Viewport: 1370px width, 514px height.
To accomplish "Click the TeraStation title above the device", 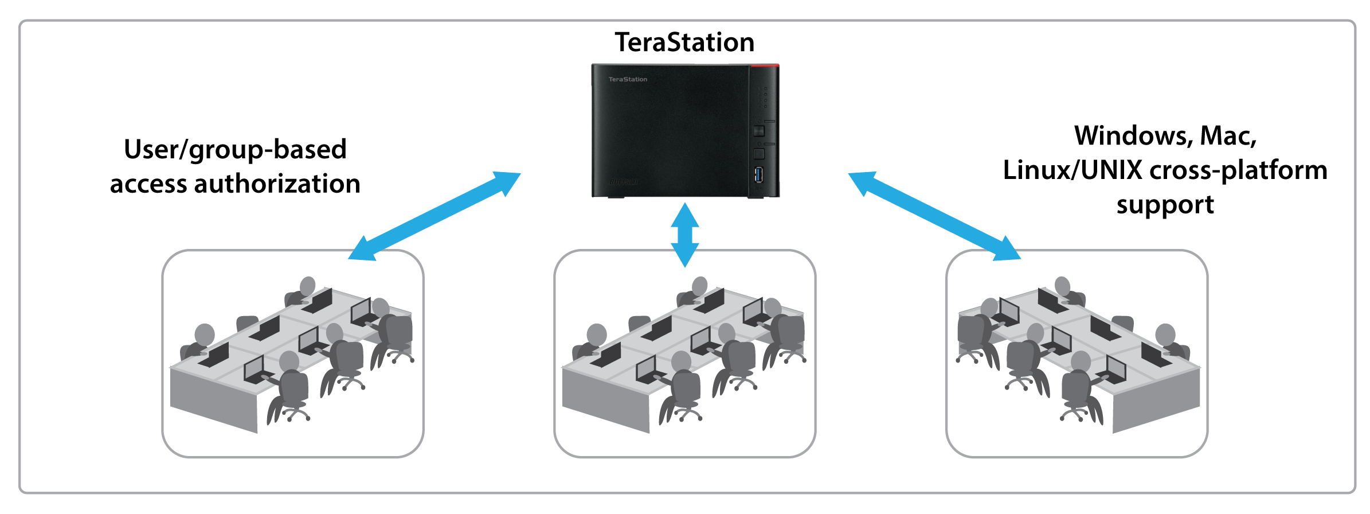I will [x=684, y=43].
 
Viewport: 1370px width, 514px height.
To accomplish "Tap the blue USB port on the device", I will [x=759, y=174].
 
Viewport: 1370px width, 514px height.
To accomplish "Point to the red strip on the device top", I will [x=765, y=66].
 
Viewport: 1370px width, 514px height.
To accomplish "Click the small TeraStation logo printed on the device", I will [x=628, y=79].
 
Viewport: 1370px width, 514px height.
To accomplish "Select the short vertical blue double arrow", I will [x=685, y=235].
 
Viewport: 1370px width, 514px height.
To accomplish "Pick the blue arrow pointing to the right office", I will [x=934, y=216].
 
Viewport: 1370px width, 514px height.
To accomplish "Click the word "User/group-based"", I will [x=236, y=150].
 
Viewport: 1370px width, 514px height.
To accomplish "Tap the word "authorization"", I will [x=277, y=184].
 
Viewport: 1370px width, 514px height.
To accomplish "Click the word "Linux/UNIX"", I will [x=1072, y=170].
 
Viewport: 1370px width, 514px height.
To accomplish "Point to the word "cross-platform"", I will [x=1238, y=170].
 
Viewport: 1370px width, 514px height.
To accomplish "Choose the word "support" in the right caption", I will [x=1165, y=205].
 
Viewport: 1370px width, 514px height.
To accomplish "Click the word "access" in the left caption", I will [x=148, y=184].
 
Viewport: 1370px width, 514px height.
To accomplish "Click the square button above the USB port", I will [x=759, y=154].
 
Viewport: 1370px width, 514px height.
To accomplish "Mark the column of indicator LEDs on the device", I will [x=765, y=98].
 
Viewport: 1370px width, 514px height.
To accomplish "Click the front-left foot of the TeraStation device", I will [x=616, y=197].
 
